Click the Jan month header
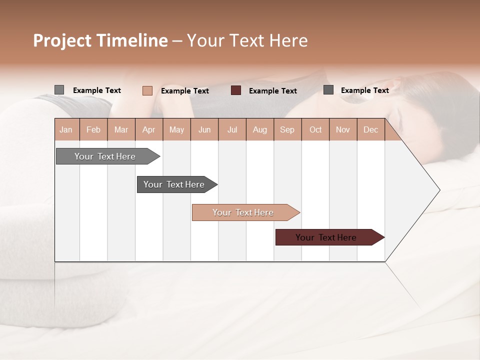click(66, 129)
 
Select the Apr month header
click(148, 129)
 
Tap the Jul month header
click(232, 129)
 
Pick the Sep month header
click(287, 129)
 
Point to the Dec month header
click(370, 129)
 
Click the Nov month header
click(342, 129)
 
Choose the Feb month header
click(93, 129)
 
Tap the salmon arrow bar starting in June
click(244, 212)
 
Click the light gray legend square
click(59, 90)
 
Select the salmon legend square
click(147, 90)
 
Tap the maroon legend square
click(236, 90)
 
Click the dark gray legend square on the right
click(328, 90)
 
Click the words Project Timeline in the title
click(100, 40)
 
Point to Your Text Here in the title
click(247, 40)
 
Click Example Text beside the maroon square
click(272, 91)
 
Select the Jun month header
click(204, 129)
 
